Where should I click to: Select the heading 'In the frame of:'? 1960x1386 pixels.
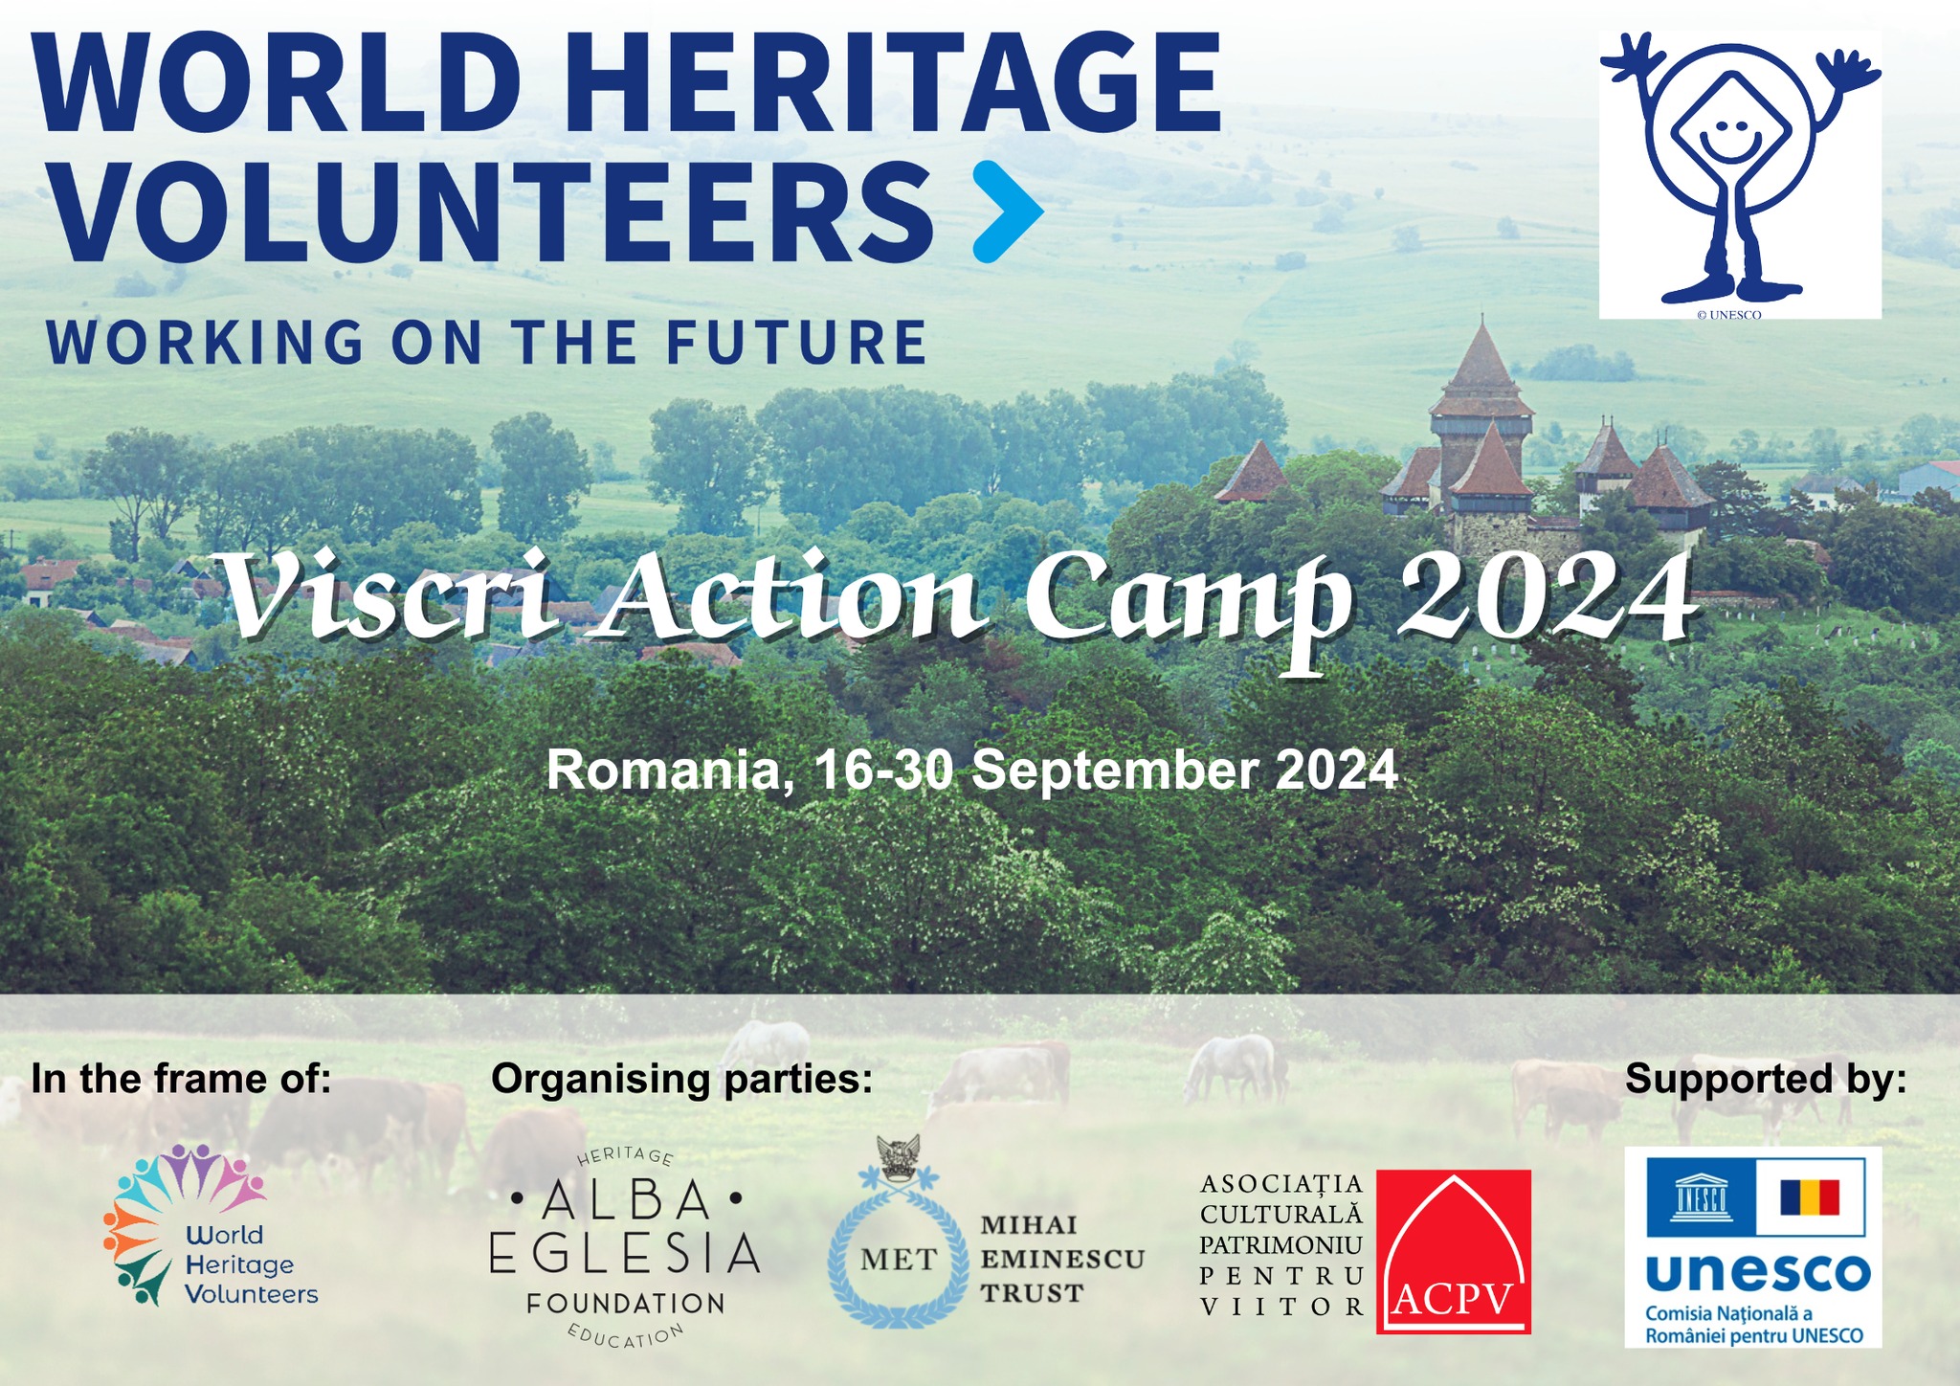(x=181, y=1079)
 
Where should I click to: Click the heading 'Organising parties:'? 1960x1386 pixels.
(x=681, y=1080)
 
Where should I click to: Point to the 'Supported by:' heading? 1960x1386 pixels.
(x=1766, y=1080)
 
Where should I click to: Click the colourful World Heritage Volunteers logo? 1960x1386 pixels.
(x=211, y=1226)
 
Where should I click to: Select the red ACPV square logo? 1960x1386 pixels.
(x=1454, y=1251)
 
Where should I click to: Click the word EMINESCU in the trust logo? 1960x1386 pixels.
(x=1062, y=1259)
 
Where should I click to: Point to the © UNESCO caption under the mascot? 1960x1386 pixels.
(x=1735, y=314)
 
